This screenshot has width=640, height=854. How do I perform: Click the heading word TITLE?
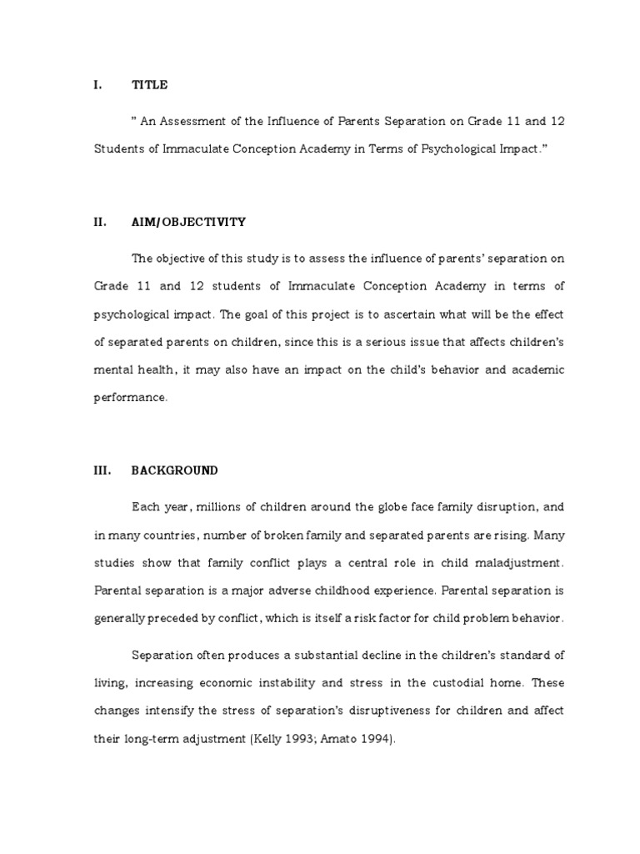[149, 84]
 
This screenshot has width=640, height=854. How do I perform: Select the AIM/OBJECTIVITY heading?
[188, 222]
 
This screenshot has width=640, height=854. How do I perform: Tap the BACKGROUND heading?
[174, 470]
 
